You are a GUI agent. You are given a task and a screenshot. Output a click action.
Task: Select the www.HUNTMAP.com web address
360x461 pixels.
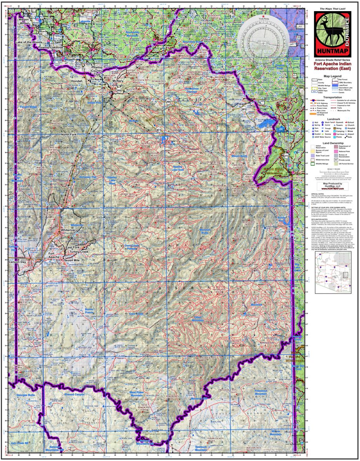[x=330, y=189]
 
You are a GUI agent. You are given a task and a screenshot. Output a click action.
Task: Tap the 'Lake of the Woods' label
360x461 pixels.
[x=29, y=41]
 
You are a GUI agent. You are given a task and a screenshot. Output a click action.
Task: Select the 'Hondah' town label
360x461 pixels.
[x=77, y=81]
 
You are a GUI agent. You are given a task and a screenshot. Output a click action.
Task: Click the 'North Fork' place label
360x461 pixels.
[x=69, y=134]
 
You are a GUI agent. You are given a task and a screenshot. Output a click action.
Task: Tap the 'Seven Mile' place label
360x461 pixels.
[x=71, y=260]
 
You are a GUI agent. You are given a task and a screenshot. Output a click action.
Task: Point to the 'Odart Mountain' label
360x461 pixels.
[x=198, y=318]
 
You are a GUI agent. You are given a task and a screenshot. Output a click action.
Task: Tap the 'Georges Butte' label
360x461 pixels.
[x=23, y=395]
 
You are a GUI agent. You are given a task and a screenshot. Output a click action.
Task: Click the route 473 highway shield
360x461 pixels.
[x=158, y=130]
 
